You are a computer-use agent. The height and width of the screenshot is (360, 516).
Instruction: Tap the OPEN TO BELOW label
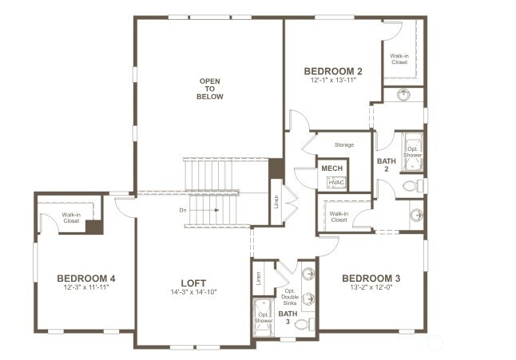pos(211,89)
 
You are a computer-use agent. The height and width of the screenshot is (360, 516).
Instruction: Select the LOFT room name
pos(193,283)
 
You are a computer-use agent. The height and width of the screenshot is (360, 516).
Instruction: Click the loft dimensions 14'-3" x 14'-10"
pos(193,292)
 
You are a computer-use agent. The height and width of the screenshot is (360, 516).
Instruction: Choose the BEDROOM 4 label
pos(86,279)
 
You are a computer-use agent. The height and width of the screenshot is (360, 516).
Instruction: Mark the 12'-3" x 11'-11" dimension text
pos(86,287)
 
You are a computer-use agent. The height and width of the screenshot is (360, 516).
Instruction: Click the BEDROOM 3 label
pos(371,279)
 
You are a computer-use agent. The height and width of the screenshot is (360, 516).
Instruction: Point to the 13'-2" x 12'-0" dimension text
pos(371,288)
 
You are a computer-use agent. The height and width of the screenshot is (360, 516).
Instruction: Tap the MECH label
pos(331,168)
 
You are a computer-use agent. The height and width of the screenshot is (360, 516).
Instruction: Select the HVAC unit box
pos(335,183)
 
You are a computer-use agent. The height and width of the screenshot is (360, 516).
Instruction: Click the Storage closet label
pos(343,145)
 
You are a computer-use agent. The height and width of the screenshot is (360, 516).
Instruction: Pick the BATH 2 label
pos(386,165)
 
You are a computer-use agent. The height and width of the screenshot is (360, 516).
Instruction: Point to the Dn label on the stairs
pos(183,211)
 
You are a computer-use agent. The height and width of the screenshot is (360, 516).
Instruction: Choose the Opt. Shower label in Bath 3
pos(263,318)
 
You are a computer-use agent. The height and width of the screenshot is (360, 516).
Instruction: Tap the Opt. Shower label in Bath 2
pos(413,151)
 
